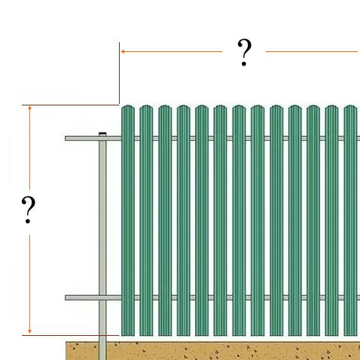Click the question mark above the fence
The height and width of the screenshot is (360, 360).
coord(244,52)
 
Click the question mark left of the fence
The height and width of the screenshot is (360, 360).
coord(29,210)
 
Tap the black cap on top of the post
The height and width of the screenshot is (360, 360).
coord(102,133)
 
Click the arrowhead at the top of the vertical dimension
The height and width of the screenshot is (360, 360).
coord(29,108)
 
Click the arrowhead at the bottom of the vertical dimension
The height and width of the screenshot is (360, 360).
coord(29,331)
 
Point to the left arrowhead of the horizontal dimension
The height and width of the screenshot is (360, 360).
coord(123,52)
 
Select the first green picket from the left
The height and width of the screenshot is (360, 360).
coord(128,221)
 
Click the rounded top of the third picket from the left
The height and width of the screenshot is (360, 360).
coord(165,108)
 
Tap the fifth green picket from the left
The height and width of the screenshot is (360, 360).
coord(202,221)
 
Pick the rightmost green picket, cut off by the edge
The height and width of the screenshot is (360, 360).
coord(350,221)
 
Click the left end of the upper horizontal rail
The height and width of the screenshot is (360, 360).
coord(66,139)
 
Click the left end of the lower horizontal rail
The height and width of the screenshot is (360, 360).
coord(66,297)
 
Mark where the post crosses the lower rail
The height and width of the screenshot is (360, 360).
coord(102,297)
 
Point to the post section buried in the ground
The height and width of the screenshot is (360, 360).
coord(102,351)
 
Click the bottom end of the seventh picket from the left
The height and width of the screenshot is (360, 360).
coord(239,335)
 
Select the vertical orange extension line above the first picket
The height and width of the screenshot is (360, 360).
coord(119,73)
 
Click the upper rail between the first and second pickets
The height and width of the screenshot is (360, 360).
coord(137,139)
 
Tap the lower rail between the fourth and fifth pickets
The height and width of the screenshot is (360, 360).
coord(193,297)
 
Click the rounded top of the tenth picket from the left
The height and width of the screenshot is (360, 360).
coord(294,108)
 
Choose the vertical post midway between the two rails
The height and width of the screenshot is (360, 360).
coord(102,218)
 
